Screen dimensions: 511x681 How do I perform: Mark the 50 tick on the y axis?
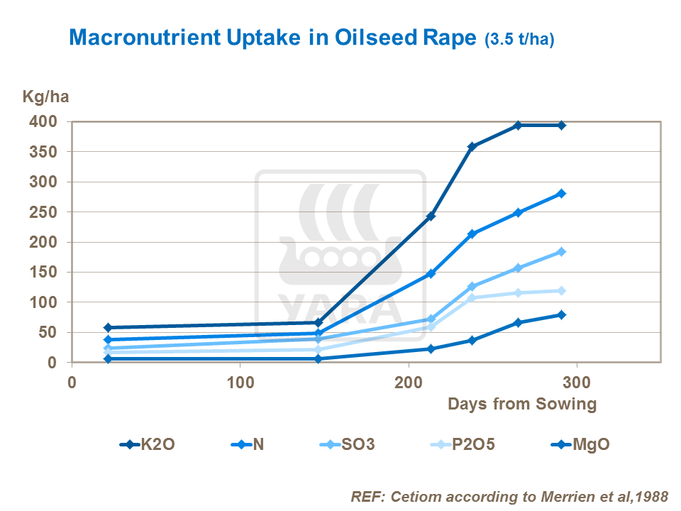(x=50, y=332)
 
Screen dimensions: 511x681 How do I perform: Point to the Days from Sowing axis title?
(x=521, y=405)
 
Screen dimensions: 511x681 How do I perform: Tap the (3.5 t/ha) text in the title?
(x=519, y=40)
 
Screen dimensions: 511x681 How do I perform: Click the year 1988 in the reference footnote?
(x=651, y=496)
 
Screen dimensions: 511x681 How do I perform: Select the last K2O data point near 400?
(x=561, y=125)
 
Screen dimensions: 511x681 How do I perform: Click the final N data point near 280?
(x=561, y=193)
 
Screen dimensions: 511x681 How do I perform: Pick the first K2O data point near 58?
(x=107, y=327)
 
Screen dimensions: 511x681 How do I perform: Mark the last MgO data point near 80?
(x=561, y=314)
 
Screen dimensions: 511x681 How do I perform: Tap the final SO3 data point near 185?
(x=561, y=251)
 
